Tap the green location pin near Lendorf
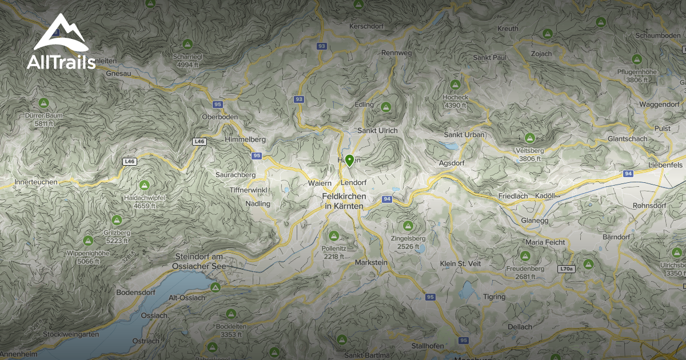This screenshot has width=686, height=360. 349,161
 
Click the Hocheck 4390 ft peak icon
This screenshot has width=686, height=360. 455,85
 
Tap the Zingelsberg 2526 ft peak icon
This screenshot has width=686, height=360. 408,226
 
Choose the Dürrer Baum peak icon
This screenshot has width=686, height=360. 43,103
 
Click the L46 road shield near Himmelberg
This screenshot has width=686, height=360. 199,141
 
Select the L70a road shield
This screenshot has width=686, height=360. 565,268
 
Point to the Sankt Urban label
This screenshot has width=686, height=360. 465,134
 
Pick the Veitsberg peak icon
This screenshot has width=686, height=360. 529,138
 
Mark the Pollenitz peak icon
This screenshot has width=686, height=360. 334,235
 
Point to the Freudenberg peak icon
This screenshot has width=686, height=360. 525,255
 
